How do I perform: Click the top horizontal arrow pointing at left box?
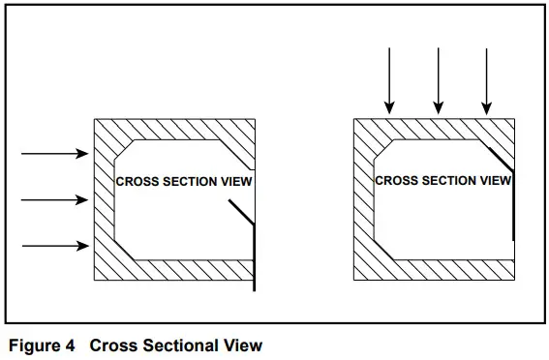point(54,153)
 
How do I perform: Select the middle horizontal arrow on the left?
point(54,199)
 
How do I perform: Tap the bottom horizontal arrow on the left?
point(54,246)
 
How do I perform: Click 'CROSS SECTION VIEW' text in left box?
point(184,181)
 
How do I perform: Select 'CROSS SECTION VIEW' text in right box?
point(442,180)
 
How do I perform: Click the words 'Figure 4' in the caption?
point(41,344)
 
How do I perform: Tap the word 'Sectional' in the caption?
point(180,344)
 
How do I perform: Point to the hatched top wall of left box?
point(174,129)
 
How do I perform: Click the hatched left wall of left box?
point(104,198)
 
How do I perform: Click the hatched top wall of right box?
point(433,129)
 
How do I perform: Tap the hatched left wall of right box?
point(364,198)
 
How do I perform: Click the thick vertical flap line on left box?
point(254,256)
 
